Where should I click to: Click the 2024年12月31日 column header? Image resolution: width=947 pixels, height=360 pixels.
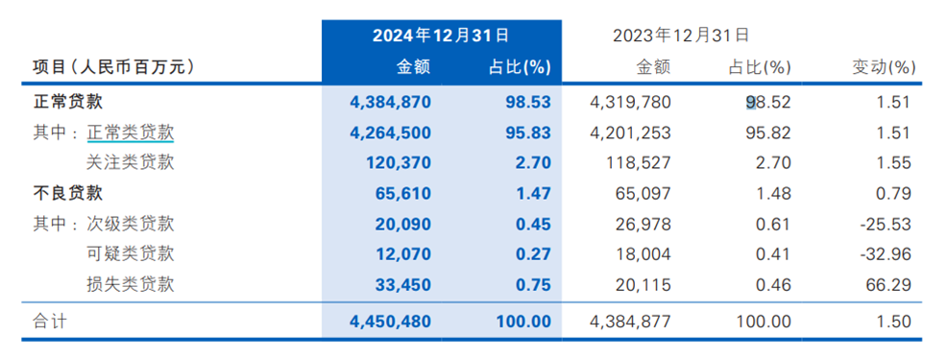click(x=441, y=36)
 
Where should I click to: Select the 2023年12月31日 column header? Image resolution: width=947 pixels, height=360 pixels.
click(x=680, y=36)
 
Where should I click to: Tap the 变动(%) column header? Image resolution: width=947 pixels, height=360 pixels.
click(x=885, y=67)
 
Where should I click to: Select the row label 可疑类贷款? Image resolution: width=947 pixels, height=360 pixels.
click(x=131, y=254)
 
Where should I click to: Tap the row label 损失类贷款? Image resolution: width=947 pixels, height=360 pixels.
click(x=131, y=285)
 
